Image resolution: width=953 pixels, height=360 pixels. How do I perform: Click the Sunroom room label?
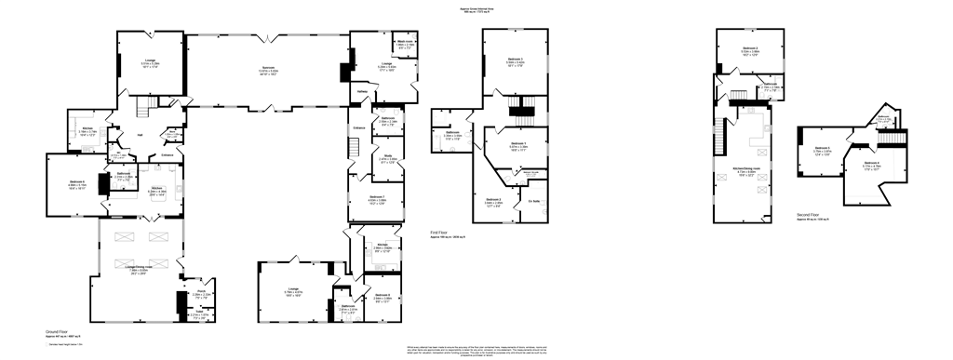(x=267, y=70)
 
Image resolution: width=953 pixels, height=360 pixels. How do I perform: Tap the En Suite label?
(x=534, y=201)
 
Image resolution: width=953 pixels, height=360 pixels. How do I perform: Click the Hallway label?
(x=363, y=92)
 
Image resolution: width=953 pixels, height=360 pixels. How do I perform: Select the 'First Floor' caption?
(x=442, y=233)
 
